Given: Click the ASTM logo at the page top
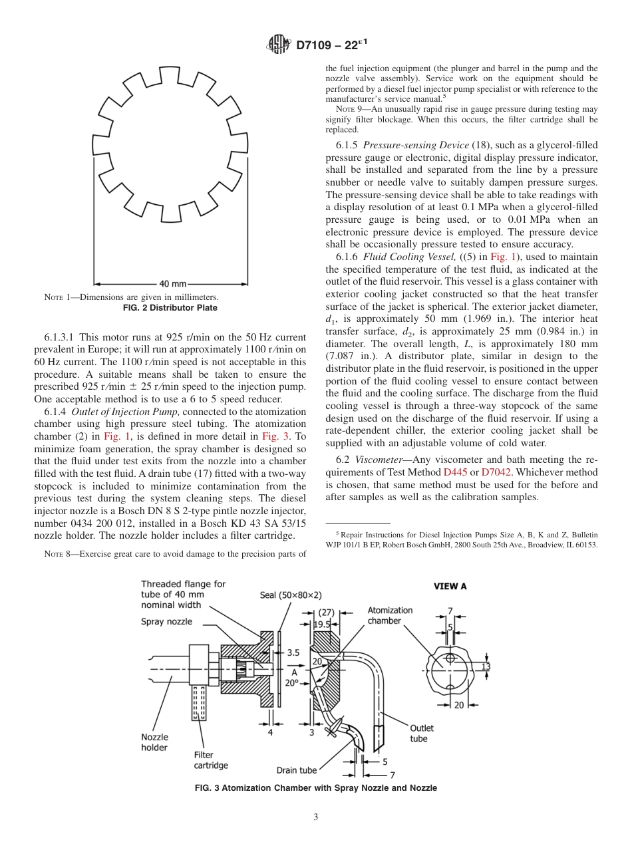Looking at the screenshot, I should click(278, 45).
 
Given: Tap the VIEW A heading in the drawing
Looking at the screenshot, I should click(450, 586).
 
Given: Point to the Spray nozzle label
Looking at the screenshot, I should click(166, 621).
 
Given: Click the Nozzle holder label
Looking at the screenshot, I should click(154, 742).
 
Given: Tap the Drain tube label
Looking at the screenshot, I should click(297, 770).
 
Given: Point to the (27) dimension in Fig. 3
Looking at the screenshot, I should click(326, 612).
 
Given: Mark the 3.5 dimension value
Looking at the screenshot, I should click(293, 653).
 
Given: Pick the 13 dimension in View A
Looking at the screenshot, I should click(486, 666).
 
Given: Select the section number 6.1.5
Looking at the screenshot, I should click(349, 145).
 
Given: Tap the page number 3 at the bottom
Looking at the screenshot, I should click(316, 818).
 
